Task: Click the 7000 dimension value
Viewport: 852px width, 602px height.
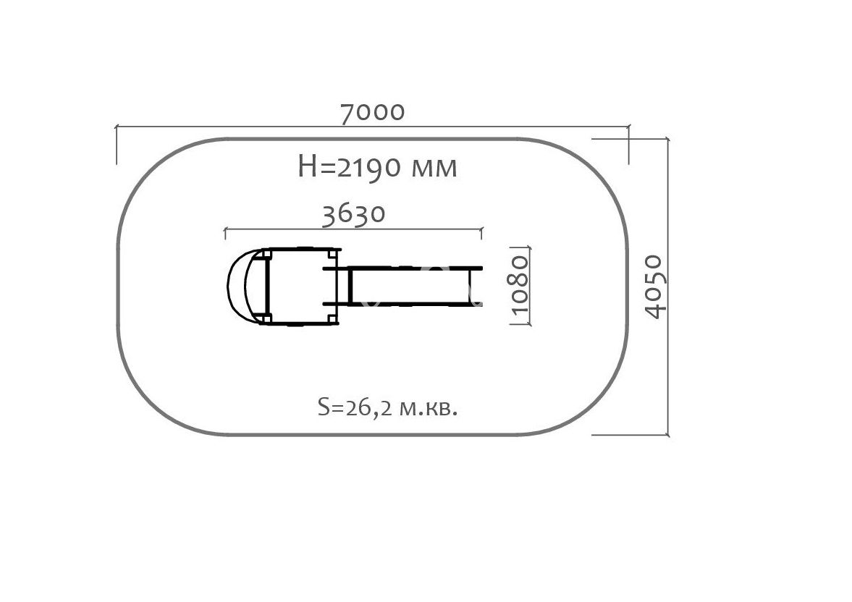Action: (x=373, y=112)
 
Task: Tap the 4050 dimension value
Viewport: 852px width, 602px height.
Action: (x=654, y=287)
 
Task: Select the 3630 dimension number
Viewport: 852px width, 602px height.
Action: (x=354, y=214)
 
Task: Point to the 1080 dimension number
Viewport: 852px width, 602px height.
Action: (x=520, y=285)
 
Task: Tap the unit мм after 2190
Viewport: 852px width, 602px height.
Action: (x=434, y=169)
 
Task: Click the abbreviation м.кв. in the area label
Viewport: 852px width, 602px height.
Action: (x=429, y=408)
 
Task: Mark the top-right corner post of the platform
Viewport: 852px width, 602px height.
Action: (x=332, y=253)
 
